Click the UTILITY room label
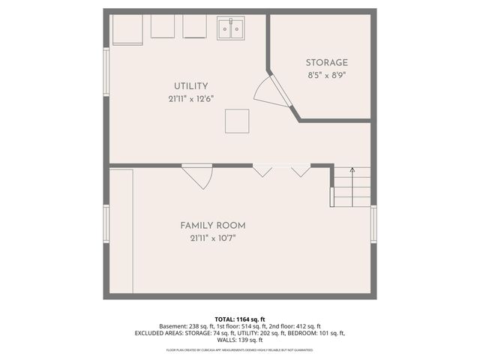pos(190,86)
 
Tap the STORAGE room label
pos(326,63)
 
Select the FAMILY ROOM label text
pos(212,226)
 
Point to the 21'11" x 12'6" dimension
pos(190,99)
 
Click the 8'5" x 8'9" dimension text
pos(326,76)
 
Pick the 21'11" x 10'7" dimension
pos(212,238)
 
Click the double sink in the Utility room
pos(231,28)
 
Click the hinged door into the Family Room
pos(199,176)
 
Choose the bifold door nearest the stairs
pos(301,170)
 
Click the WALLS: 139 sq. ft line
pos(239,340)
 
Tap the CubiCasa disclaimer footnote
pos(239,349)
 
